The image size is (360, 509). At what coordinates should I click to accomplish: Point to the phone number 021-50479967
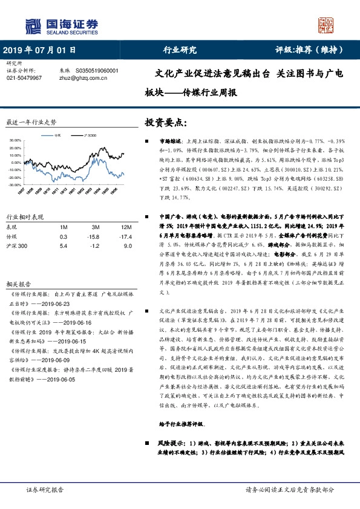click(x=24, y=78)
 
